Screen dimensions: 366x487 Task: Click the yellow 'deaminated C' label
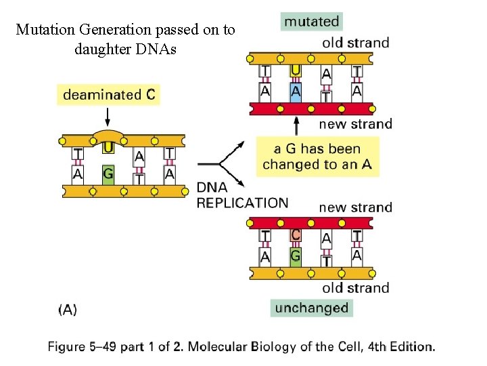coord(108,95)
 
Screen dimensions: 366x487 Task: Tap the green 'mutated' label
coord(311,22)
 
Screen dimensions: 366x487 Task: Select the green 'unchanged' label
coord(311,308)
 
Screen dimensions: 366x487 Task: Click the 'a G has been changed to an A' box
coord(317,157)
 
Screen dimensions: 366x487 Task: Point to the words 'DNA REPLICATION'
coord(241,195)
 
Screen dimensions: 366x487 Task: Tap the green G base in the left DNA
coord(108,174)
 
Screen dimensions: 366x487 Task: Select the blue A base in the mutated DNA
coord(296,91)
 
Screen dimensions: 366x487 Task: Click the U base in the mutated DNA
coord(296,70)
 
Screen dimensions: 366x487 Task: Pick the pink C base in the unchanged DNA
coord(296,235)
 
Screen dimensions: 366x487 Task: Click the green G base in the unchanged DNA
coord(296,256)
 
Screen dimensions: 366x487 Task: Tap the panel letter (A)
coord(68,310)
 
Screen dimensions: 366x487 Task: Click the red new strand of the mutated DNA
coord(311,108)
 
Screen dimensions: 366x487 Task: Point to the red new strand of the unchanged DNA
coord(311,222)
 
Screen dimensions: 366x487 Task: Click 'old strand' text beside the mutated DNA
coord(356,43)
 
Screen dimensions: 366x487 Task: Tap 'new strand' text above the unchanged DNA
coord(355,207)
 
